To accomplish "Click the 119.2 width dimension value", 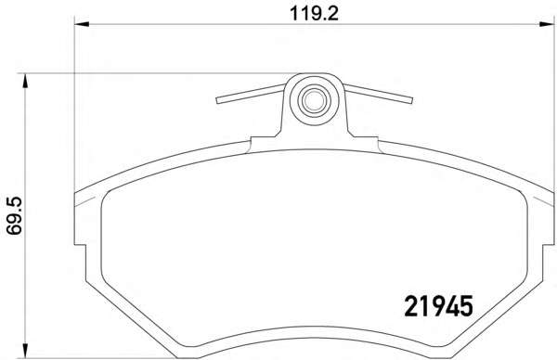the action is click(x=314, y=14).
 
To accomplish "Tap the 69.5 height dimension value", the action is click(x=15, y=216).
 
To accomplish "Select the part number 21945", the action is click(x=439, y=306).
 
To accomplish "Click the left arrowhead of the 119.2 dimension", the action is click(x=82, y=24).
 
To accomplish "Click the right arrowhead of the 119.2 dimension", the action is click(x=547, y=24).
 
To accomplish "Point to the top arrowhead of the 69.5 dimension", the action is click(x=24, y=81).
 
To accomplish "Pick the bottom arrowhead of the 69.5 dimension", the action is click(x=24, y=351).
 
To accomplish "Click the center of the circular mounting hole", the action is click(x=314, y=100).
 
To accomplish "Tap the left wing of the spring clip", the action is click(x=251, y=94).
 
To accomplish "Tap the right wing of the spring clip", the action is click(x=378, y=94).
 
